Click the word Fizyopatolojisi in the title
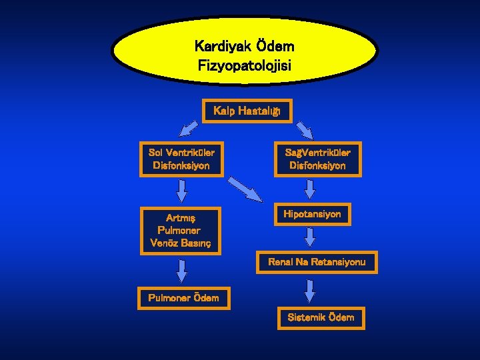(x=245, y=66)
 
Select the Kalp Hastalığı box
(x=247, y=111)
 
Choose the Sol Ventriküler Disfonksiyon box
(x=181, y=159)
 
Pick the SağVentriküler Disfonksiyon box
(x=317, y=159)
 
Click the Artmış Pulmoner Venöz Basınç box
(x=181, y=230)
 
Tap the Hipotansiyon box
(x=312, y=214)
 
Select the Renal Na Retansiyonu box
(x=317, y=262)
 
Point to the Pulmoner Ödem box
(x=183, y=297)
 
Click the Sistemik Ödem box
(x=321, y=317)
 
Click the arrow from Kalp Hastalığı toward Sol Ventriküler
(x=189, y=127)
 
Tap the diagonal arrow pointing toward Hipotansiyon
(x=245, y=189)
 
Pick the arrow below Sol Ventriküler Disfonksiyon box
(x=181, y=191)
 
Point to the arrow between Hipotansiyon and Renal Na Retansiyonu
(x=310, y=237)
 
